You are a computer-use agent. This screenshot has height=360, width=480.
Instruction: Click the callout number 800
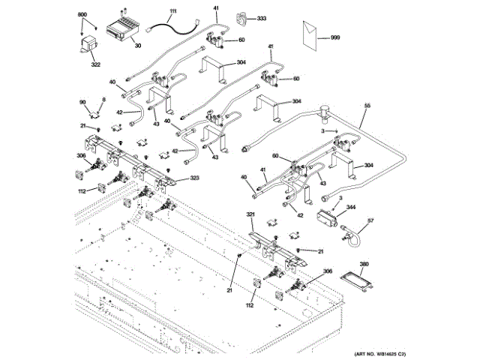pyautogui.click(x=82, y=15)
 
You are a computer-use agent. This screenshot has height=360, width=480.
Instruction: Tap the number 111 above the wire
pyautogui.click(x=173, y=12)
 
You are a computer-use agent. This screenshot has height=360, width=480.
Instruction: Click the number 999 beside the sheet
pyautogui.click(x=335, y=37)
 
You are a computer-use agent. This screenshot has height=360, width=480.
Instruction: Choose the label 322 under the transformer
pyautogui.click(x=96, y=64)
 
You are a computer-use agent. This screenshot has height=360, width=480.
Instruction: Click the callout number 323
pyautogui.click(x=194, y=178)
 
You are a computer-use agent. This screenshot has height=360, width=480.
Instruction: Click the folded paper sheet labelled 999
pyautogui.click(x=307, y=34)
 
